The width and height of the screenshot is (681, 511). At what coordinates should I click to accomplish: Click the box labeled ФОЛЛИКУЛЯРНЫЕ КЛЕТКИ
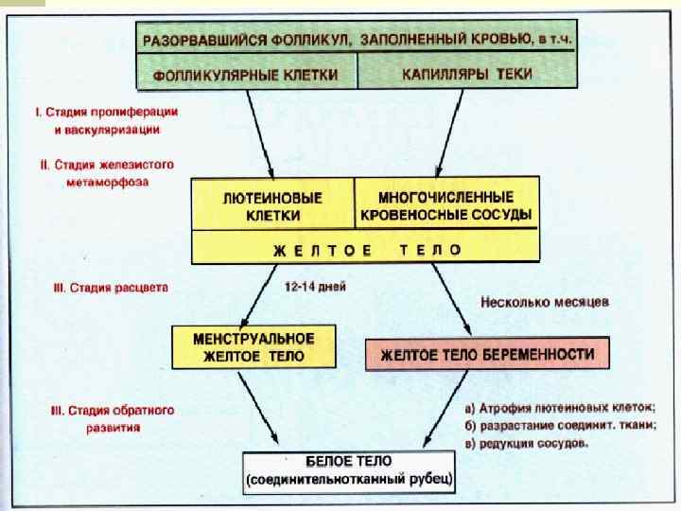[x=249, y=73]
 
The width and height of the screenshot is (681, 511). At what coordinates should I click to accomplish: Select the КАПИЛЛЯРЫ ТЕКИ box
[x=466, y=73]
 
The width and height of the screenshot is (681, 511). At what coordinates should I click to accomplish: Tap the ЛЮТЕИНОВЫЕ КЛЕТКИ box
[x=272, y=207]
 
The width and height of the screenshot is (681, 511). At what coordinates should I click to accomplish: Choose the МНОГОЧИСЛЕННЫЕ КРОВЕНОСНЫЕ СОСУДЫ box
[x=446, y=206]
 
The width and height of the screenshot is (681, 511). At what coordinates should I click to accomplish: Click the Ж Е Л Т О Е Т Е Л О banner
[x=366, y=250]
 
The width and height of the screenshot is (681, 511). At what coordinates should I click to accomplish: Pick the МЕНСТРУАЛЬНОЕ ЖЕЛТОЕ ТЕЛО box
[x=253, y=347]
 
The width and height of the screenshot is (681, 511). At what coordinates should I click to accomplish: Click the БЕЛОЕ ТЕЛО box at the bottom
[x=349, y=470]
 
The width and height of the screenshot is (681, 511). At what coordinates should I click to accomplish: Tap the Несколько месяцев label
[x=545, y=303]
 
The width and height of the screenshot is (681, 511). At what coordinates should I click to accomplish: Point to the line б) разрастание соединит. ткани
[x=560, y=425]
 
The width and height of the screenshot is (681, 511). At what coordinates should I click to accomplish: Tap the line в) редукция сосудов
[x=527, y=442]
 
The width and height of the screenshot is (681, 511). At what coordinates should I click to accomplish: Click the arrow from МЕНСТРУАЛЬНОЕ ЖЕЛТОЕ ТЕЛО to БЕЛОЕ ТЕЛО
[x=257, y=409]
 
